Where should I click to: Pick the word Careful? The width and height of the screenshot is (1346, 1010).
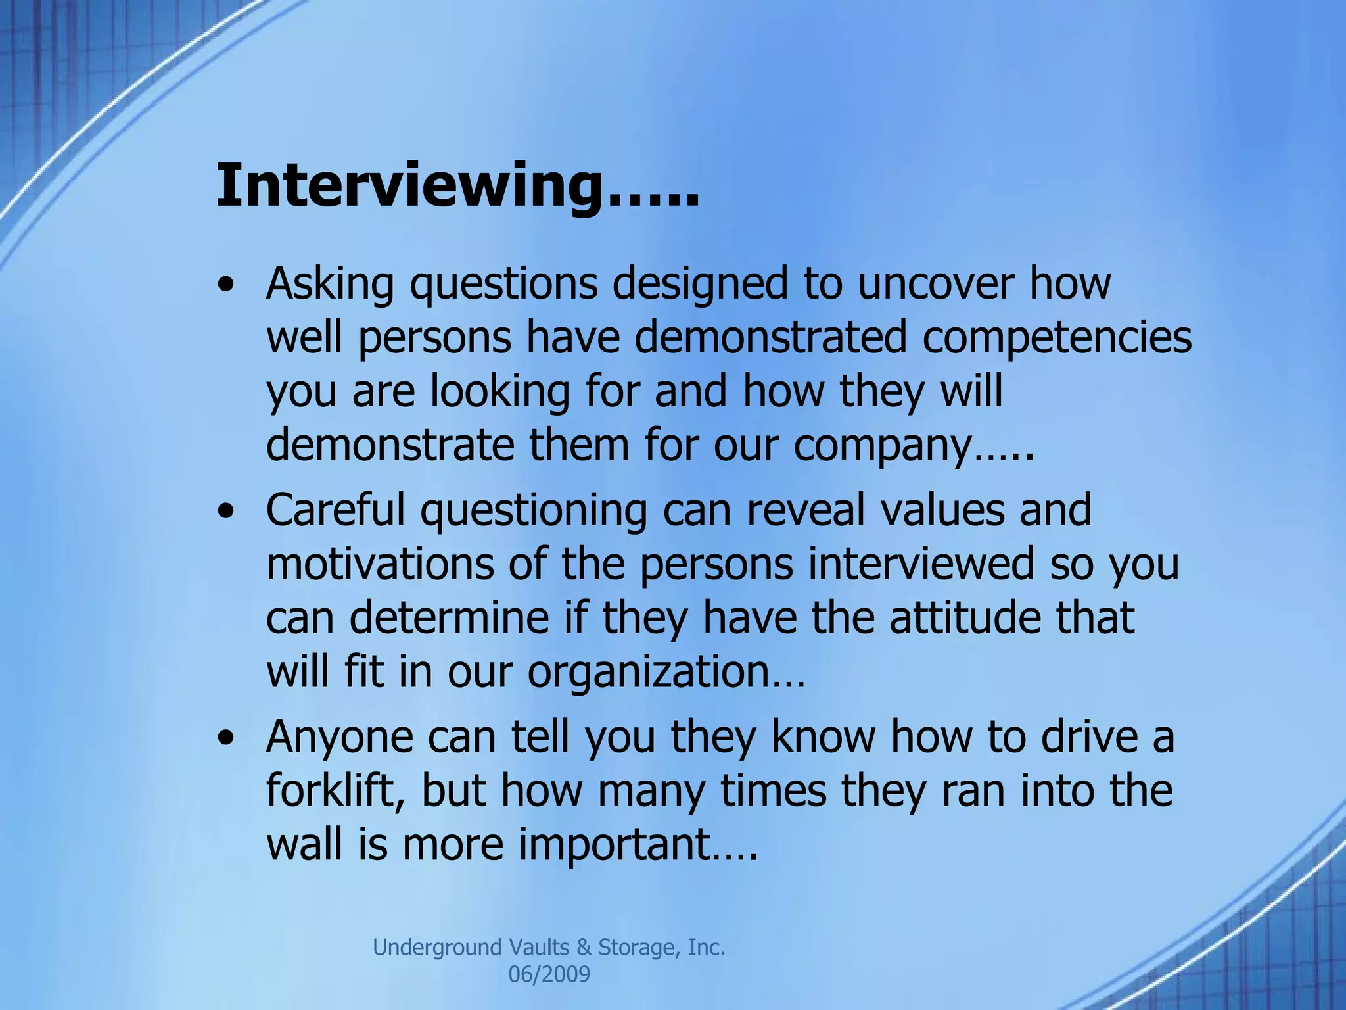pyautogui.click(x=335, y=510)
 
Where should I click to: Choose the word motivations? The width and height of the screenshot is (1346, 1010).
pyautogui.click(x=380, y=564)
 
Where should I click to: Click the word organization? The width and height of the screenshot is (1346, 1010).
pyautogui.click(x=648, y=672)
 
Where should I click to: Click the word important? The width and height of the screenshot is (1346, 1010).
pyautogui.click(x=615, y=844)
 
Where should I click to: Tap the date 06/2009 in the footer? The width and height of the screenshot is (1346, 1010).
pyautogui.click(x=549, y=974)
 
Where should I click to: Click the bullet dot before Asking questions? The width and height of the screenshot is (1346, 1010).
pyautogui.click(x=227, y=287)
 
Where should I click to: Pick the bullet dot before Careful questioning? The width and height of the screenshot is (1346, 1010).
pyautogui.click(x=227, y=513)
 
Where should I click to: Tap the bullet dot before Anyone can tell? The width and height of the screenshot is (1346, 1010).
pyautogui.click(x=227, y=739)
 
